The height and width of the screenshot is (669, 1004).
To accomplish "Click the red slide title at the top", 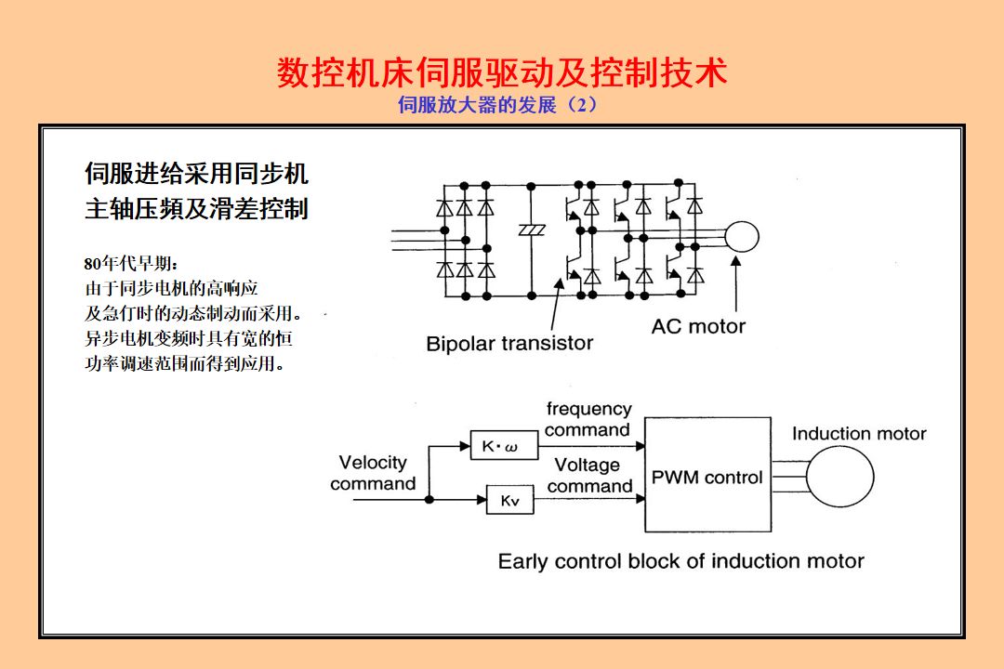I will [x=502, y=72].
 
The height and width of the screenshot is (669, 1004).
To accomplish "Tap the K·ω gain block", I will [x=503, y=447].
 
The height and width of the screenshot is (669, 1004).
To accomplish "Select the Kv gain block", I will [x=510, y=501].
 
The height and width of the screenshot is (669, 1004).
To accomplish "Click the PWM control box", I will [x=707, y=476].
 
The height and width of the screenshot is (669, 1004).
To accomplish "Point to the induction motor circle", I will [x=839, y=477].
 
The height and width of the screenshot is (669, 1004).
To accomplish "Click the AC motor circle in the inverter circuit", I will [x=741, y=238].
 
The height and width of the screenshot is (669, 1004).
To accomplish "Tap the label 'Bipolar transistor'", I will [x=509, y=344].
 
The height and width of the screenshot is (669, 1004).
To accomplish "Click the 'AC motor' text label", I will [x=698, y=326].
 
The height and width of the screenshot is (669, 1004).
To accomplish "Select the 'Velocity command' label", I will [x=373, y=473].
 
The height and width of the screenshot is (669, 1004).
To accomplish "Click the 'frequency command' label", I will [x=588, y=419].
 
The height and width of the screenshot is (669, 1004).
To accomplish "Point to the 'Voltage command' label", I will [x=589, y=475].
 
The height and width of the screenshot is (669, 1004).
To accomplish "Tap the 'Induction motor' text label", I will [x=859, y=434].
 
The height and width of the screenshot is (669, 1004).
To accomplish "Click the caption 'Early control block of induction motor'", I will [x=680, y=561].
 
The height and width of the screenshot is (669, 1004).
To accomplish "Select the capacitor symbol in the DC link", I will [x=532, y=230].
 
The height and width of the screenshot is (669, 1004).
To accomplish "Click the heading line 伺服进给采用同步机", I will [x=196, y=174].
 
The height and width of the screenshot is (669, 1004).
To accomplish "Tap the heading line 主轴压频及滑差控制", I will [x=196, y=209].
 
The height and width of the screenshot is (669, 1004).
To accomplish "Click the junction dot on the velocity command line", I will [x=429, y=500].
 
